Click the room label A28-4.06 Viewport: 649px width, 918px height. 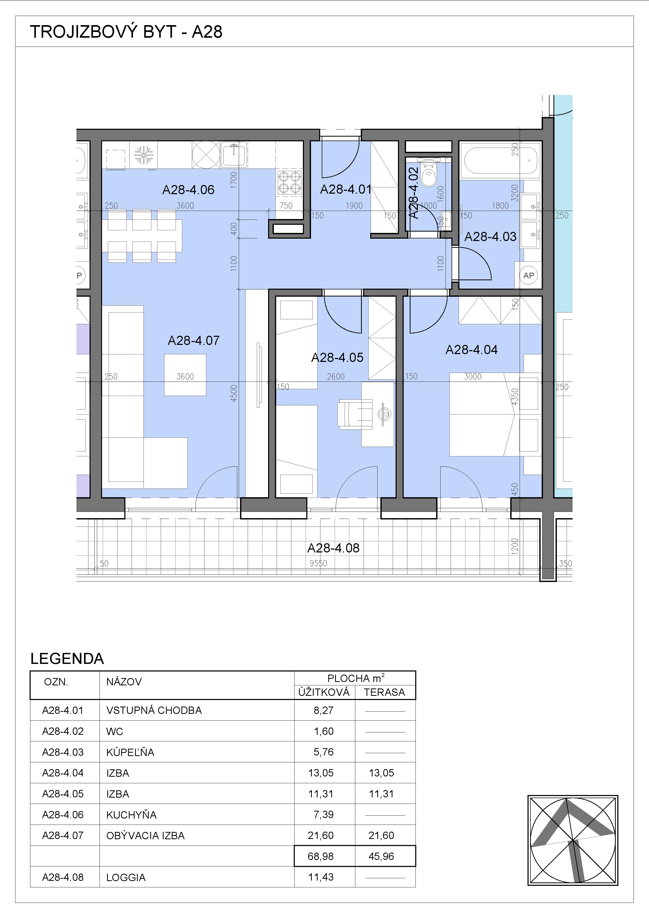(188, 189)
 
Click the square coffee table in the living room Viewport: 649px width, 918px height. (185, 375)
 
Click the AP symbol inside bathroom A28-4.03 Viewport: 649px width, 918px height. (529, 276)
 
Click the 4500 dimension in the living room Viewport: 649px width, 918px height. (234, 393)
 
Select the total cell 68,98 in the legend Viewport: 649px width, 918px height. (321, 856)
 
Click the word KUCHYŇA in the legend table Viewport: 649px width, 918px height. (131, 814)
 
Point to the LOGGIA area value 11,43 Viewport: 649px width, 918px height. (321, 877)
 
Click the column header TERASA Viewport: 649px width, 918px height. (384, 692)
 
